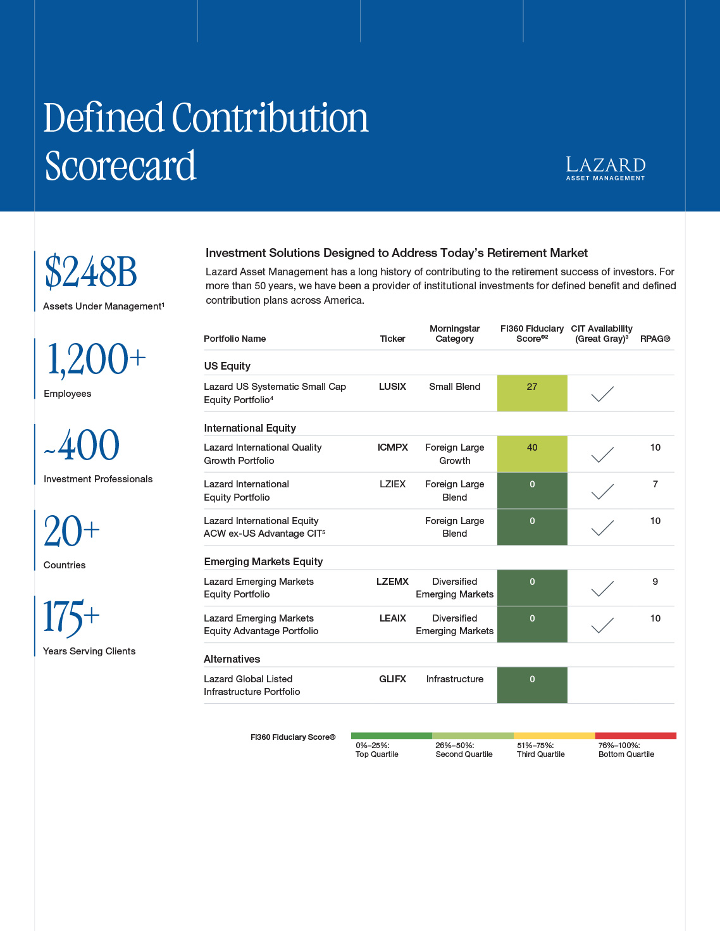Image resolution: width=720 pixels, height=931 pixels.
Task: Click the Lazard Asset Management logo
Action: click(x=605, y=168)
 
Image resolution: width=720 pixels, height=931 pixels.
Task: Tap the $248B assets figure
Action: click(x=91, y=272)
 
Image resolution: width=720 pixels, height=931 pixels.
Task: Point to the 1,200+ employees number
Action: click(x=96, y=359)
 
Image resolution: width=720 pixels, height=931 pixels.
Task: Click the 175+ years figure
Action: click(x=71, y=617)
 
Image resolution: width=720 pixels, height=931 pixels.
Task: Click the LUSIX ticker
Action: click(x=392, y=387)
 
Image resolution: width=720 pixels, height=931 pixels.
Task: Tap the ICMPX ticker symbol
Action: click(x=392, y=447)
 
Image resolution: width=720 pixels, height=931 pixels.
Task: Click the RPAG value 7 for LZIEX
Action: click(x=655, y=484)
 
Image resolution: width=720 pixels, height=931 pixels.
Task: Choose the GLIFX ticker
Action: click(x=392, y=679)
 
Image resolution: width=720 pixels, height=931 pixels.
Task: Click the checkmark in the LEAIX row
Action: click(x=602, y=625)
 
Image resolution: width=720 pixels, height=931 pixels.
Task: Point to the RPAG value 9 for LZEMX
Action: click(x=655, y=582)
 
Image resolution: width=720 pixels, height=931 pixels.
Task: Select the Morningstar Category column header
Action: click(x=454, y=334)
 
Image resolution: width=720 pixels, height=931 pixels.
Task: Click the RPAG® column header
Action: click(x=655, y=339)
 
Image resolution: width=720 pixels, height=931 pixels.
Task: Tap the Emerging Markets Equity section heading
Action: click(x=263, y=561)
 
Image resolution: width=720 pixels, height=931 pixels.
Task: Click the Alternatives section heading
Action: click(x=232, y=659)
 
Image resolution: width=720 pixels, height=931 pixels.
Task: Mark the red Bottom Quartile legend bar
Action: click(x=636, y=736)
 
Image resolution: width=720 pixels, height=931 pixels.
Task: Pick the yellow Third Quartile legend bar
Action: click(x=554, y=736)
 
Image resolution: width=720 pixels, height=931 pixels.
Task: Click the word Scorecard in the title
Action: click(x=120, y=166)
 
